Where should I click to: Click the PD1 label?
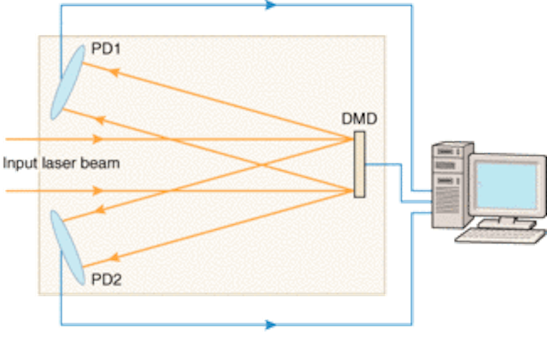click(x=106, y=49)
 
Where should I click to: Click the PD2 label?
click(x=106, y=280)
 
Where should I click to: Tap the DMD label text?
click(x=359, y=119)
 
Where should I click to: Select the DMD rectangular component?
click(x=359, y=164)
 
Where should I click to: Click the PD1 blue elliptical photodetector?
click(x=68, y=82)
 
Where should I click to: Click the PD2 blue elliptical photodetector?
click(x=68, y=247)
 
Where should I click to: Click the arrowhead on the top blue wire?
click(x=270, y=5)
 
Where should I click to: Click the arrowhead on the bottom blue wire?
click(x=270, y=325)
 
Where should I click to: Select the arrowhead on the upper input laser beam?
click(x=97, y=139)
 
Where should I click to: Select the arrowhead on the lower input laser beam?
click(x=97, y=191)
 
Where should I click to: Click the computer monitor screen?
click(x=507, y=186)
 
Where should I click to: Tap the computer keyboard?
click(x=501, y=236)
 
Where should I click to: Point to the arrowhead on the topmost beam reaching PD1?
click(x=115, y=73)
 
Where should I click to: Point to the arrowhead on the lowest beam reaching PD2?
click(x=115, y=258)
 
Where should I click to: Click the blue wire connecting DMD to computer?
click(x=401, y=181)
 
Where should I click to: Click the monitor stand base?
click(x=507, y=223)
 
